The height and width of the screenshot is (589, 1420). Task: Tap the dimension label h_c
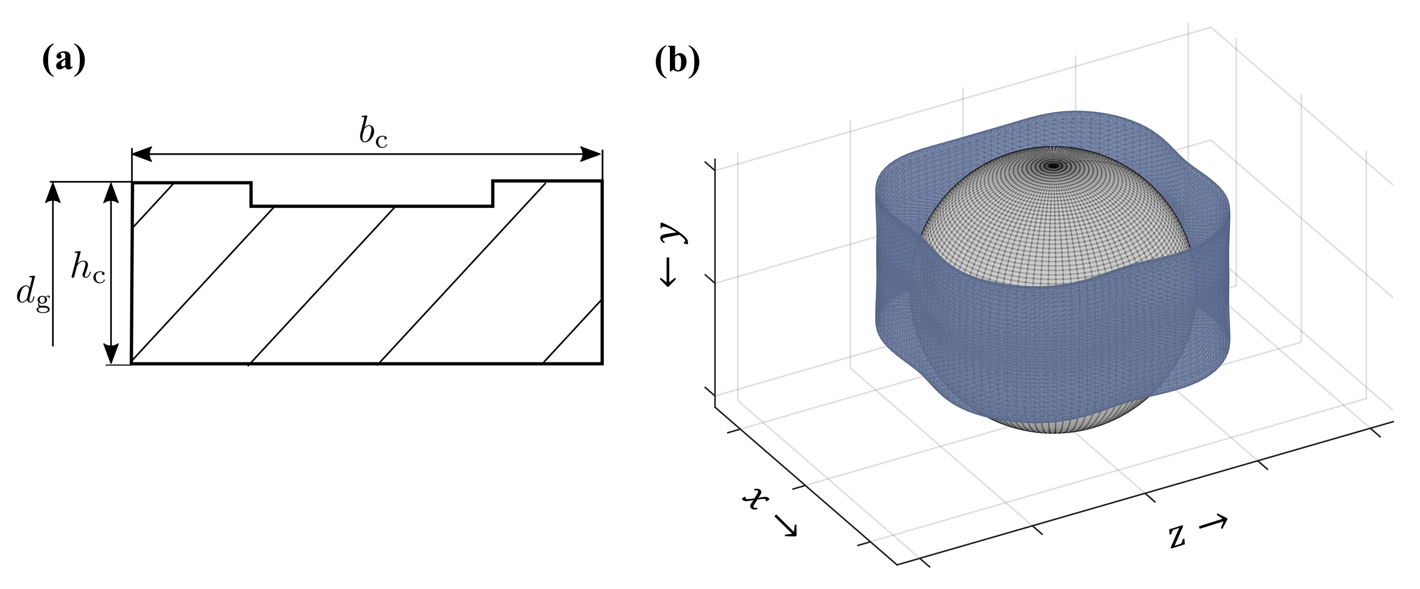(88, 270)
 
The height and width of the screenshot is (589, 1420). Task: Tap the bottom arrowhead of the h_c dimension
(111, 353)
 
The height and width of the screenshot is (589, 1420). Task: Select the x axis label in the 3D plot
(756, 500)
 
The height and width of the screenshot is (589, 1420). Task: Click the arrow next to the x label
(785, 526)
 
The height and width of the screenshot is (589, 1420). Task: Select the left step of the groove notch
(251, 194)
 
